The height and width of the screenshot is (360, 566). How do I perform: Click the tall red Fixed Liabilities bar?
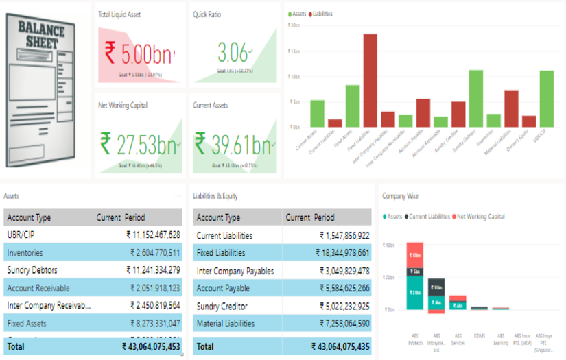click(x=370, y=81)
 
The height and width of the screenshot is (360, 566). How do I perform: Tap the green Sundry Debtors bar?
click(x=475, y=99)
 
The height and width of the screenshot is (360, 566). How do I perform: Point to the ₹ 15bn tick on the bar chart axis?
click(x=293, y=51)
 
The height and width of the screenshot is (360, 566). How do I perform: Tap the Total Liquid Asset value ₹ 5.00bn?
click(x=139, y=53)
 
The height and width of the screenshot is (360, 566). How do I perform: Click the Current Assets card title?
click(x=211, y=106)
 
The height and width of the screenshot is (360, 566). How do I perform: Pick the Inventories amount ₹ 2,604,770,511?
click(x=155, y=253)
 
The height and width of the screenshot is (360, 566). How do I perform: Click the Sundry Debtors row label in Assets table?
click(x=32, y=270)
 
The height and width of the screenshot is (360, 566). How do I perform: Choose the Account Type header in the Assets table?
click(x=29, y=218)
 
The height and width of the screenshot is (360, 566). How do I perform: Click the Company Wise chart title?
click(x=401, y=196)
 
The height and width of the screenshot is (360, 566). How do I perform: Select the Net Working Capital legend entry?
click(x=480, y=217)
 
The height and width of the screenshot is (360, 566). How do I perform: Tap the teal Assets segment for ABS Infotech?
click(x=414, y=293)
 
